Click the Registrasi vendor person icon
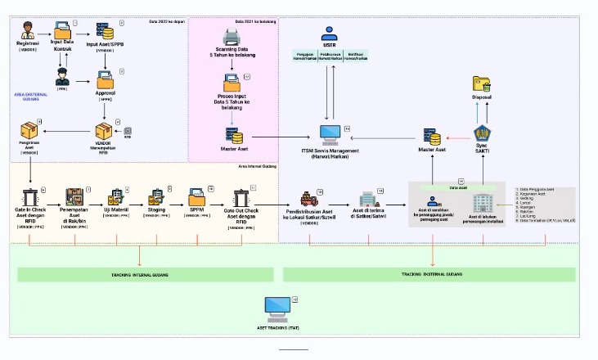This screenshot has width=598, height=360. click(28, 32)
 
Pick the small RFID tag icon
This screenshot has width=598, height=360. click(127, 131)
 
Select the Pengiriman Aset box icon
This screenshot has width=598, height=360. click(29, 130)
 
